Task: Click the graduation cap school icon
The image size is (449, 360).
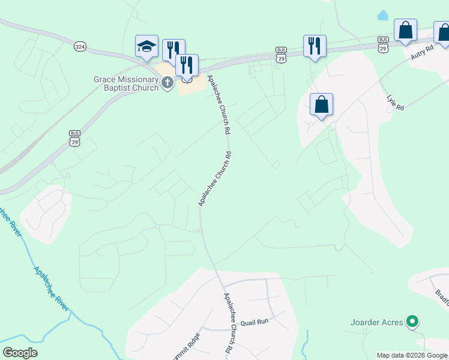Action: tap(147, 47)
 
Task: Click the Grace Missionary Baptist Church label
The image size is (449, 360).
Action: tap(125, 83)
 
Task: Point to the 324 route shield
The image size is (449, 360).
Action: tap(80, 46)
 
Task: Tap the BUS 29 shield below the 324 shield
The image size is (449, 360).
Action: tap(74, 137)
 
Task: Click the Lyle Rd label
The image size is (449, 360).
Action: tap(396, 103)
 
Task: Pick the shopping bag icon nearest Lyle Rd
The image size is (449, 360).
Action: tap(322, 105)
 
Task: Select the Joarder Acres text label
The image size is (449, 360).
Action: tap(376, 322)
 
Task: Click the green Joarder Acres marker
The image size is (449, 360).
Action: tap(412, 322)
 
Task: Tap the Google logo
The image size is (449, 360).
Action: tap(20, 353)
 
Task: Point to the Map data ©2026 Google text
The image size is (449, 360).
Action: tap(412, 355)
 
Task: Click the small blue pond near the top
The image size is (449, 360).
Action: tap(382, 15)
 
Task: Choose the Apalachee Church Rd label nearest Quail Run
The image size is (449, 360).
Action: tap(228, 322)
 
